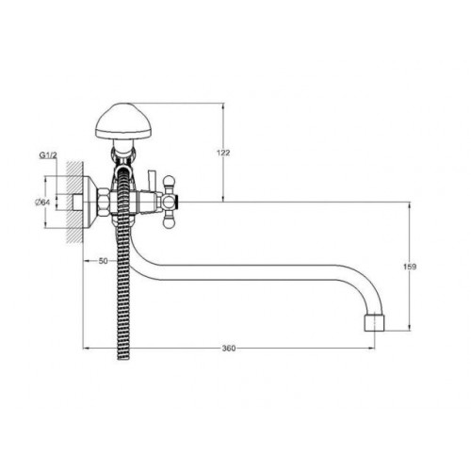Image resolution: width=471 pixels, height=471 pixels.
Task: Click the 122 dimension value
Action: [x=223, y=153]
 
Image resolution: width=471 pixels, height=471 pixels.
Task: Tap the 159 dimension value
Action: [x=410, y=267]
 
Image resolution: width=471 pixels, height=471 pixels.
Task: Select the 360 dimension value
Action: [x=229, y=349]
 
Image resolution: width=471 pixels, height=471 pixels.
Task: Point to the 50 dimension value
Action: [x=103, y=261]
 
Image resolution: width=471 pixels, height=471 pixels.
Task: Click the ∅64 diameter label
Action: [x=42, y=203]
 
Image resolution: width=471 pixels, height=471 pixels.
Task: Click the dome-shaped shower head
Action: [x=123, y=121]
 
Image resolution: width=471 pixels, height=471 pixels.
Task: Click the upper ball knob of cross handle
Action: [x=169, y=182]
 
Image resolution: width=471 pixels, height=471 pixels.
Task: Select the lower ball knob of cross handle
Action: [x=169, y=222]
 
